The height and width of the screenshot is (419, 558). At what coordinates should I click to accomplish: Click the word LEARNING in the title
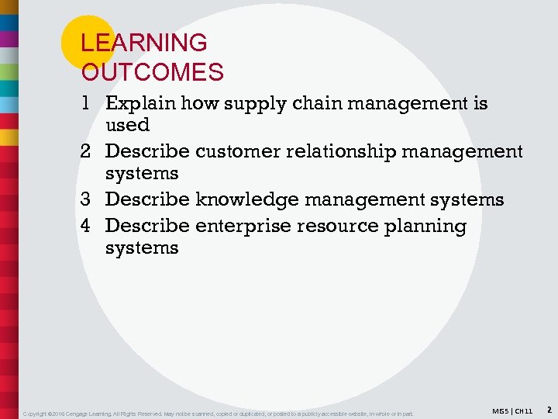[x=144, y=43]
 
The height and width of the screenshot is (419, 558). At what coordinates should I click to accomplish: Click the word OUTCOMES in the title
[x=153, y=72]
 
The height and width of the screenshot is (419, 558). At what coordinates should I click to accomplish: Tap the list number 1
[x=88, y=103]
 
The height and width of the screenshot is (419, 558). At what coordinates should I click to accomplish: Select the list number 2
[x=88, y=151]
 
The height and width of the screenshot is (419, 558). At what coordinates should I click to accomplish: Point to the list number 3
[x=88, y=199]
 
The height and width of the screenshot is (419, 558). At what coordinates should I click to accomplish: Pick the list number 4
[x=88, y=226]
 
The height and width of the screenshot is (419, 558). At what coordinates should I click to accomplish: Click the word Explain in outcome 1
[x=139, y=104]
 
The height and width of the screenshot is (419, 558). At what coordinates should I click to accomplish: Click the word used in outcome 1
[x=127, y=125]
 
